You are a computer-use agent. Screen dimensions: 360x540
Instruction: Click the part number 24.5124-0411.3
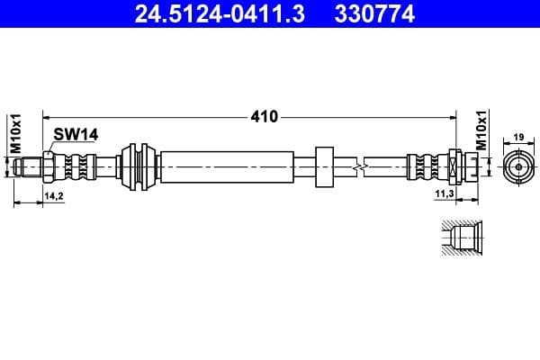(x=208, y=14)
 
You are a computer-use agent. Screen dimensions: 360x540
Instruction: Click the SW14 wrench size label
(x=75, y=134)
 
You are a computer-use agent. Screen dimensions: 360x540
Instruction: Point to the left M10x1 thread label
(x=14, y=134)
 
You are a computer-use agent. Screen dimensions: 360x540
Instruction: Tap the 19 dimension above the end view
(x=518, y=137)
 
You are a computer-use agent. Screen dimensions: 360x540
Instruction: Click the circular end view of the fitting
(x=518, y=166)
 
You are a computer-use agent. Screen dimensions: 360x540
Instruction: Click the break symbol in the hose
(x=359, y=166)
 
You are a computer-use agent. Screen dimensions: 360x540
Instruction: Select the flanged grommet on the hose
(x=140, y=166)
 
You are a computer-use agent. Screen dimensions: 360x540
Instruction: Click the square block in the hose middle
(x=324, y=166)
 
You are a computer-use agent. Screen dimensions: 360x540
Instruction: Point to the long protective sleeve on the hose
(x=229, y=166)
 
